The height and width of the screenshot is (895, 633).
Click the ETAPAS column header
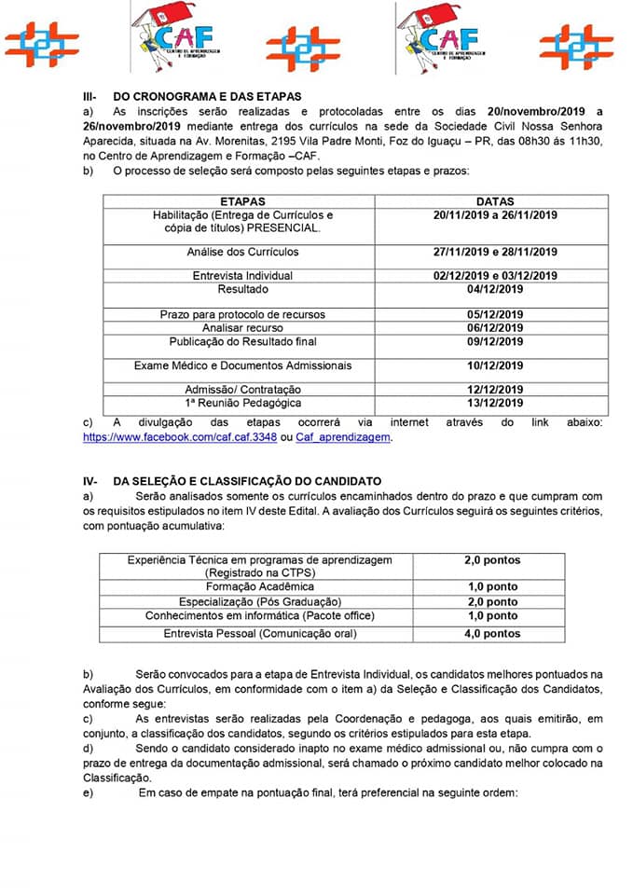(x=242, y=201)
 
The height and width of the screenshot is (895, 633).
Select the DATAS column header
(x=494, y=201)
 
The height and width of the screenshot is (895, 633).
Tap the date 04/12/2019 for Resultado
(x=494, y=289)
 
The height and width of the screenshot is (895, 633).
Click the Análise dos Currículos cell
(x=242, y=252)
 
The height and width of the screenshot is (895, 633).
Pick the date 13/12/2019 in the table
(x=494, y=403)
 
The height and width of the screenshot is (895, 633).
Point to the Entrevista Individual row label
(x=242, y=276)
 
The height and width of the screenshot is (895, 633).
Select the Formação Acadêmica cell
(x=260, y=587)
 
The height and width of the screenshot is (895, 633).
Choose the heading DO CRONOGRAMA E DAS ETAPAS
(x=207, y=96)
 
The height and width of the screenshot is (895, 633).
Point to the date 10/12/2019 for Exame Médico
(x=494, y=365)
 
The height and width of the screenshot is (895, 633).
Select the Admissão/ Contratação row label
(x=242, y=389)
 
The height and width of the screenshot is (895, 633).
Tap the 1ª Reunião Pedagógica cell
(x=242, y=403)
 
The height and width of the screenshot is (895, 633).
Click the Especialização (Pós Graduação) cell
(x=260, y=601)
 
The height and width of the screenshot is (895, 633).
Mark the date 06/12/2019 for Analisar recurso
(x=494, y=328)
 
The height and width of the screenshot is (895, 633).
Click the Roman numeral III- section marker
(x=90, y=96)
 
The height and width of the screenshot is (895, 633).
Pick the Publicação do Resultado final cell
(x=242, y=341)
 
